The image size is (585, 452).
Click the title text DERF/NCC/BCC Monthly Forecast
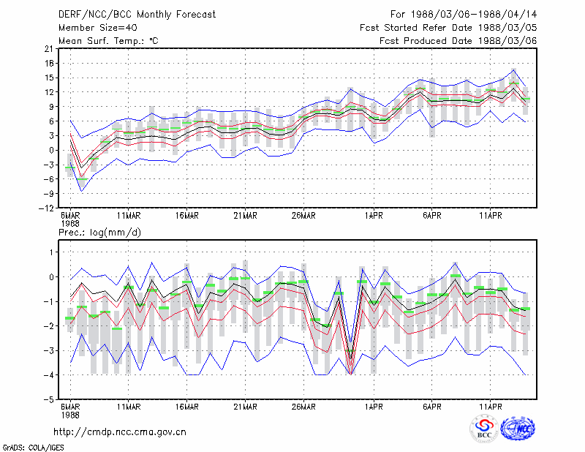pyautogui.click(x=137, y=15)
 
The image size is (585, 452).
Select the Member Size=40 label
pyautogui.click(x=98, y=28)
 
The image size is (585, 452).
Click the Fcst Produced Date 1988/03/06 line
pyautogui.click(x=458, y=41)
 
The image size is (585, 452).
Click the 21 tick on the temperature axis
pyautogui.click(x=49, y=49)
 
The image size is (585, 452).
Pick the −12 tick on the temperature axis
pyautogui.click(x=46, y=208)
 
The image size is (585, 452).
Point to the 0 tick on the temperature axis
pyautogui.click(x=51, y=150)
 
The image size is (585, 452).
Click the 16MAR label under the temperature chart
pyautogui.click(x=187, y=216)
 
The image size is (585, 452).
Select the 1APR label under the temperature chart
pyautogui.click(x=374, y=216)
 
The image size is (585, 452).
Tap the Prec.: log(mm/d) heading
pyautogui.click(x=99, y=233)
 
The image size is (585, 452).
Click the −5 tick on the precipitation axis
pyautogui.click(x=49, y=399)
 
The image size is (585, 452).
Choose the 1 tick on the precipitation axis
pyautogui.click(x=51, y=252)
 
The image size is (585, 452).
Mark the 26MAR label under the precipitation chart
pyautogui.click(x=303, y=407)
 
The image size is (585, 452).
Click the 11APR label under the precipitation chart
pyautogui.click(x=491, y=407)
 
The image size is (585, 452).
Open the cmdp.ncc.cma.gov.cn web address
pyautogui.click(x=120, y=432)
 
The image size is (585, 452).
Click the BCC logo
pyautogui.click(x=484, y=429)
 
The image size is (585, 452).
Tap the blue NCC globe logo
pyautogui.click(x=518, y=428)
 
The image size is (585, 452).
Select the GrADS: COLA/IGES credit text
pyautogui.click(x=34, y=448)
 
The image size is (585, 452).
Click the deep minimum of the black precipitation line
pyautogui.click(x=350, y=358)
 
